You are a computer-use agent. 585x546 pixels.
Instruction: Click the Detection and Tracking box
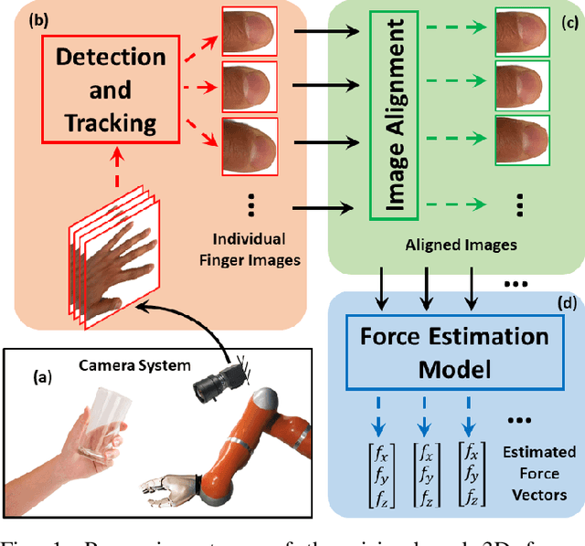coord(98,90)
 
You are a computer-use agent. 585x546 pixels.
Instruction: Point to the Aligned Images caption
coord(448,245)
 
